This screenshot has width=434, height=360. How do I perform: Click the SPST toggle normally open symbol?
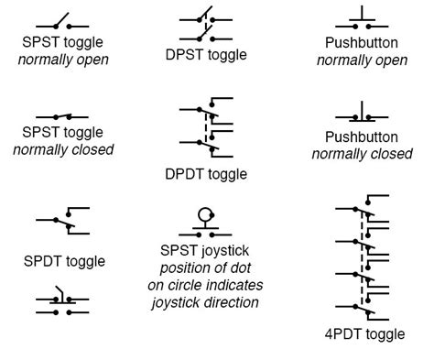pos(62,22)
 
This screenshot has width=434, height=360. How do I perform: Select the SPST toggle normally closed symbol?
pos(62,117)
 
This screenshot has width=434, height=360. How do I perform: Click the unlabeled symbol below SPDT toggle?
pos(62,305)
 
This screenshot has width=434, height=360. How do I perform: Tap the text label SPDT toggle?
pos(64,261)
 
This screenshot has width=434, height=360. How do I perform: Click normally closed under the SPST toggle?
pos(62,149)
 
